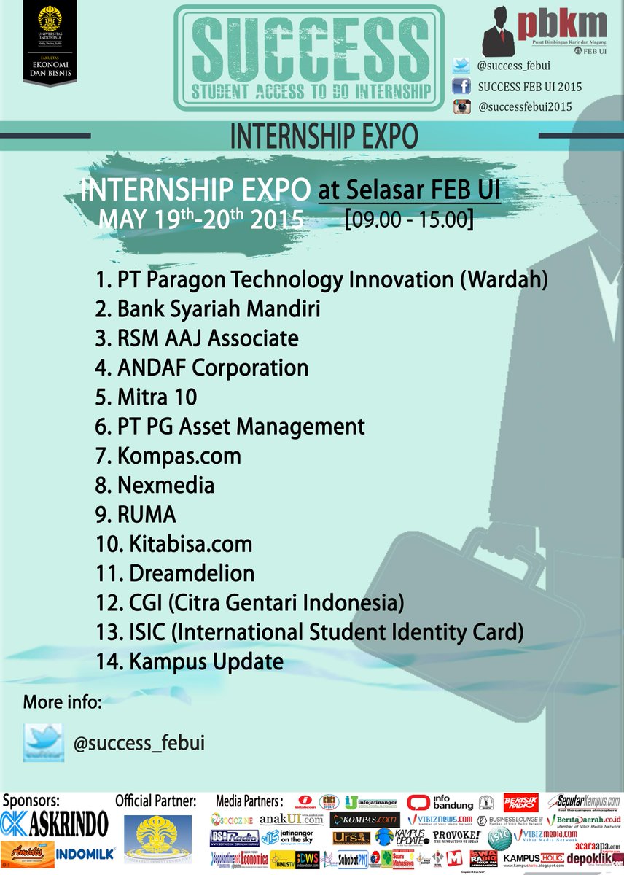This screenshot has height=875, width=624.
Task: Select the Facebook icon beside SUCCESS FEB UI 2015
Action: click(461, 87)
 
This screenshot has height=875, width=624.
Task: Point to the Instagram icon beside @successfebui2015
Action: click(461, 107)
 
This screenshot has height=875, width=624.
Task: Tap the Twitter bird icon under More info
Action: click(43, 742)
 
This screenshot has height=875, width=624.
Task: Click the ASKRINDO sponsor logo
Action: click(55, 823)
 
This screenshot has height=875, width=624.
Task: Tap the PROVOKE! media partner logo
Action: click(456, 836)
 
